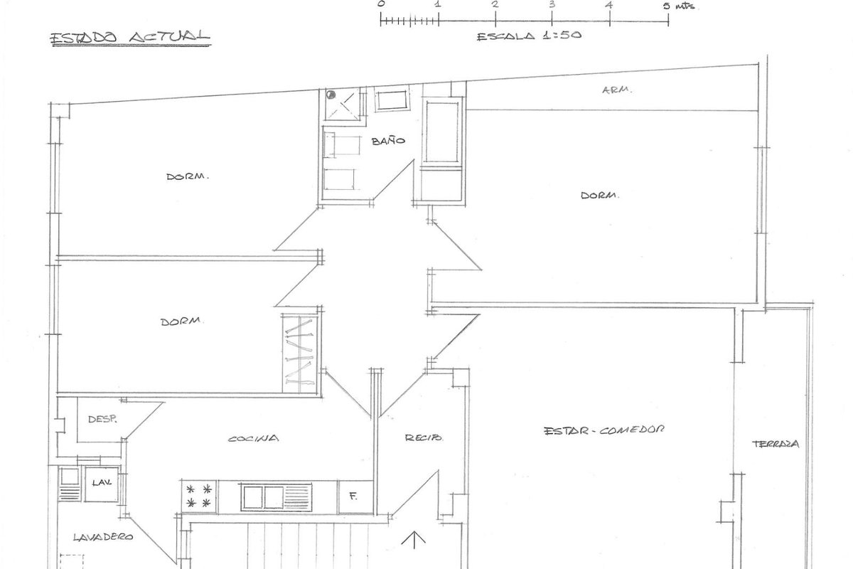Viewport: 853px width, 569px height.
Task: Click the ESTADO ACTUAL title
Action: pyautogui.click(x=130, y=38)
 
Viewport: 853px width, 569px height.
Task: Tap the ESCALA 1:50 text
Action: pyautogui.click(x=530, y=36)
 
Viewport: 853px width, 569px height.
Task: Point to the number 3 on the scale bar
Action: pyautogui.click(x=552, y=4)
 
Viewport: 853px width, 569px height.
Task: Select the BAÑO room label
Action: pyautogui.click(x=388, y=141)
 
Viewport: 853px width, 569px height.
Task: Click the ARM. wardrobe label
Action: pyautogui.click(x=617, y=90)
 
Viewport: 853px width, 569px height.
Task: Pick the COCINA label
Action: pyautogui.click(x=253, y=438)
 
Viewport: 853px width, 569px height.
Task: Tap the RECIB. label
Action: pyautogui.click(x=424, y=437)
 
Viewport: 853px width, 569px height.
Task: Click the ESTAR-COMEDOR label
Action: pyautogui.click(x=604, y=430)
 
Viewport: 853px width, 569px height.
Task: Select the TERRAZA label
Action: pyautogui.click(x=776, y=444)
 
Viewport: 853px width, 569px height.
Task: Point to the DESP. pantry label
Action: pyautogui.click(x=102, y=419)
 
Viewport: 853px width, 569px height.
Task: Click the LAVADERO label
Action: pyautogui.click(x=103, y=537)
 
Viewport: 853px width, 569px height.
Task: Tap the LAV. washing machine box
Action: pyautogui.click(x=101, y=484)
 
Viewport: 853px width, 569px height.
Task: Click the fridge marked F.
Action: pyautogui.click(x=355, y=497)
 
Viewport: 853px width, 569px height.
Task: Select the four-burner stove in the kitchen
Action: pyautogui.click(x=199, y=496)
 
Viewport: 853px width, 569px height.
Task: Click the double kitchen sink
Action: pyautogui.click(x=277, y=497)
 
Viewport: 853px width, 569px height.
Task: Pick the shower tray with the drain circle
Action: pyautogui.click(x=343, y=105)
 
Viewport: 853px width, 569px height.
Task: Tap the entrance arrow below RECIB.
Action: pyautogui.click(x=414, y=541)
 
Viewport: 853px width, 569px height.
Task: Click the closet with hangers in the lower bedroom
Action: pyautogui.click(x=300, y=353)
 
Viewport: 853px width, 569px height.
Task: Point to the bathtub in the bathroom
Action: pyautogui.click(x=441, y=132)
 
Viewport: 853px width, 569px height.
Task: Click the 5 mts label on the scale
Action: pyautogui.click(x=680, y=6)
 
